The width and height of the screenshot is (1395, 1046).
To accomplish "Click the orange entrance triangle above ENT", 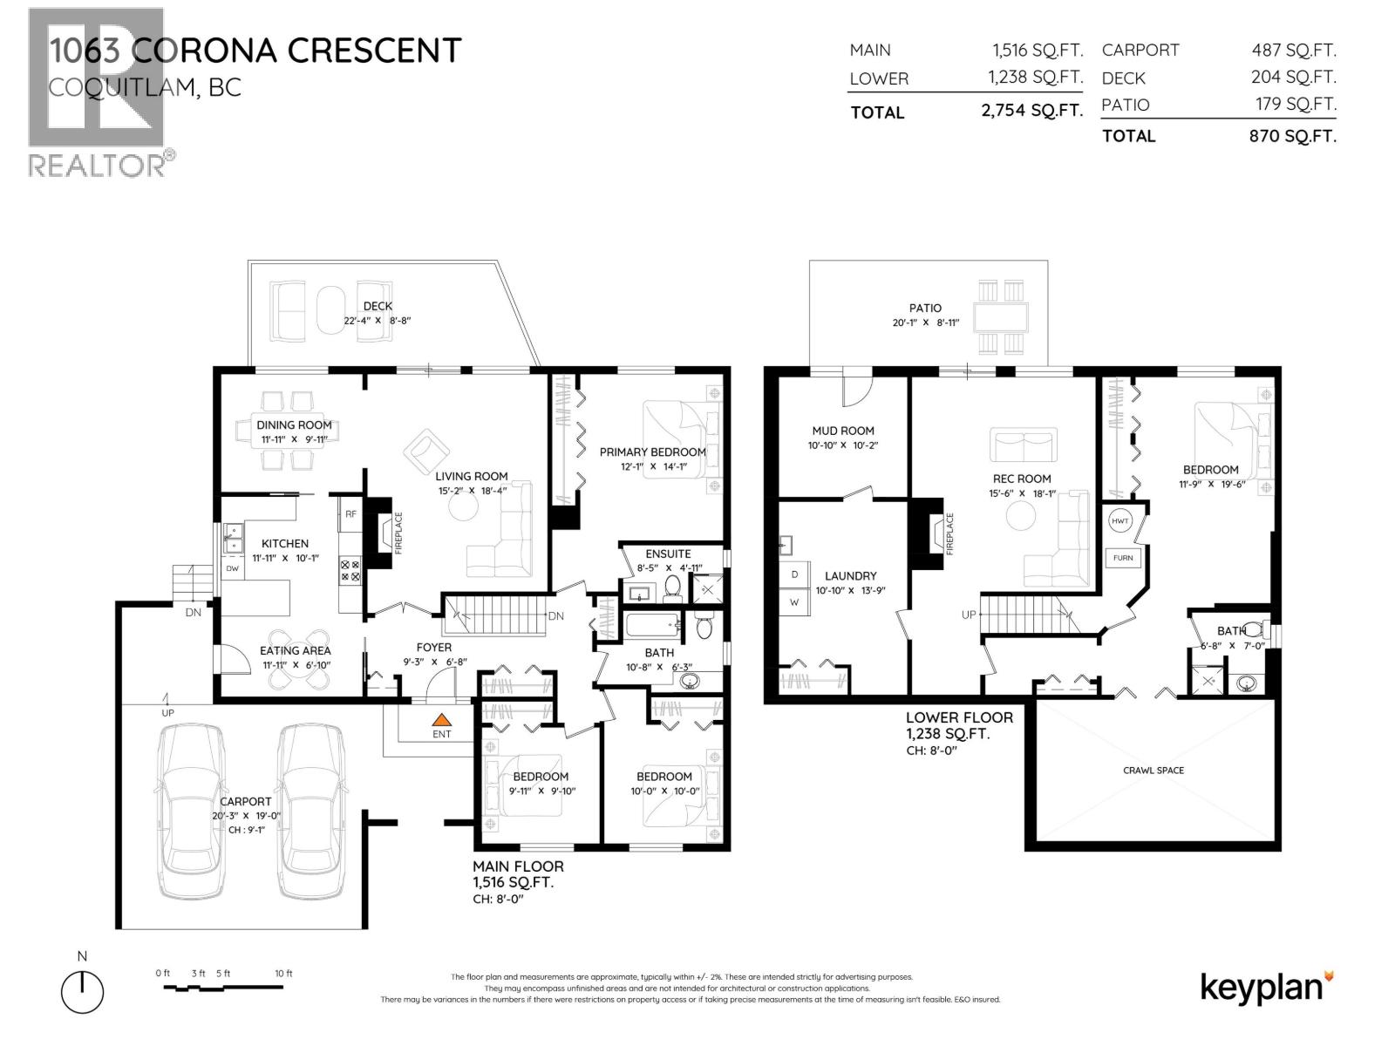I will pyautogui.click(x=442, y=720).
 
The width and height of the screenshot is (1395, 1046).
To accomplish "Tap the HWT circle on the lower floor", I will pyautogui.click(x=1120, y=521).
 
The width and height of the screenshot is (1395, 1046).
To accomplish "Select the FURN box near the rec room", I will pyautogui.click(x=1123, y=558).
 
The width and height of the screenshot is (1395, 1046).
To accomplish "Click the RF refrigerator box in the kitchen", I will pyautogui.click(x=350, y=514).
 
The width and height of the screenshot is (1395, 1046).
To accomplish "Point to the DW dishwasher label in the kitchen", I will pyautogui.click(x=232, y=568).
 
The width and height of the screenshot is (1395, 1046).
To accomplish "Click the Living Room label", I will pyautogui.click(x=472, y=476).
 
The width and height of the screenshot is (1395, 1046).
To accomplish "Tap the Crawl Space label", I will pyautogui.click(x=1153, y=771).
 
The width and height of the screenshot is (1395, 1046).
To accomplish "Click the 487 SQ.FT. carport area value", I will pyautogui.click(x=1293, y=51).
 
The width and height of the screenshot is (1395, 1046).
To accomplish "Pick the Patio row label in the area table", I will pyautogui.click(x=1125, y=105).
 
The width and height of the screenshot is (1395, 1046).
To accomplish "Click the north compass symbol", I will pyautogui.click(x=82, y=992).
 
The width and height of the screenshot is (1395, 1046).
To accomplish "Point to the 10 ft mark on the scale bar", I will pyautogui.click(x=283, y=974).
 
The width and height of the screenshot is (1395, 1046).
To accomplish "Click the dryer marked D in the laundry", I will pyautogui.click(x=794, y=575).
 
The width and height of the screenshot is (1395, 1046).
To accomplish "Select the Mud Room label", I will pyautogui.click(x=842, y=431).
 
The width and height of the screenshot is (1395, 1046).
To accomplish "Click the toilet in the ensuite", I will pyautogui.click(x=672, y=589).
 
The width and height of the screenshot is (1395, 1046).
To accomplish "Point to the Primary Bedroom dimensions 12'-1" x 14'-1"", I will pyautogui.click(x=651, y=466).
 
